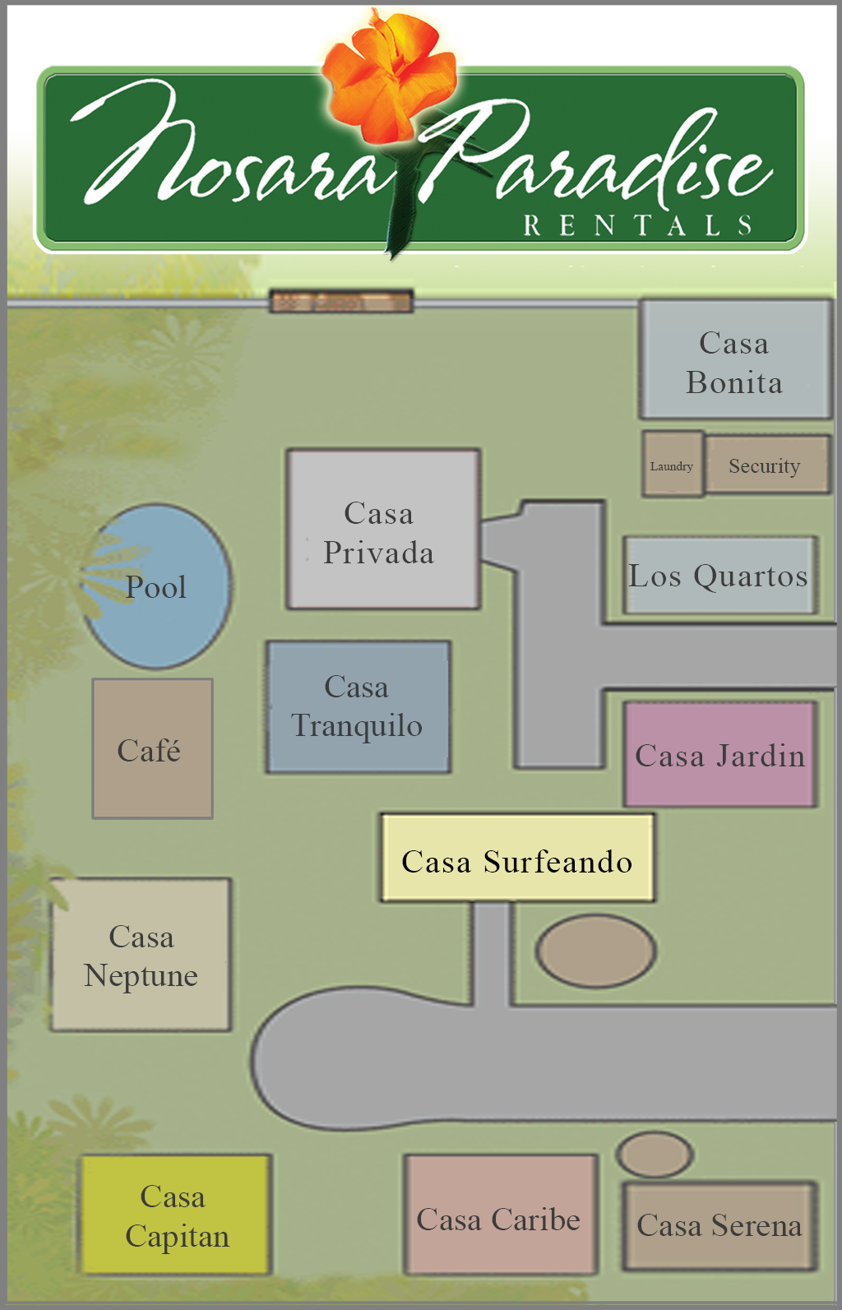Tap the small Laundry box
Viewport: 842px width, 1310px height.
click(x=672, y=465)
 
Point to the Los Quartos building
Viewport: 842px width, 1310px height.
click(x=719, y=576)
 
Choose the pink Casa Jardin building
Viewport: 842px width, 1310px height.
click(x=719, y=754)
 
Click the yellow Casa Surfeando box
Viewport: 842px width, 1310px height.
click(x=517, y=859)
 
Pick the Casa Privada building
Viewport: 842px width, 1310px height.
click(x=382, y=530)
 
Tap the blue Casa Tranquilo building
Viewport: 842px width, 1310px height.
click(x=358, y=706)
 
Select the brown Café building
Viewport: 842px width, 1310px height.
click(x=152, y=748)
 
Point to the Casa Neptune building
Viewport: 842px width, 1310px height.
click(x=141, y=955)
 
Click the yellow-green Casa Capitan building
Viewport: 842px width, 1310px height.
click(x=175, y=1215)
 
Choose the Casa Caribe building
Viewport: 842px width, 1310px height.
click(x=500, y=1215)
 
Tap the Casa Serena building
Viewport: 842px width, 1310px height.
click(x=719, y=1225)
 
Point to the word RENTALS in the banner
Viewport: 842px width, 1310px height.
click(x=637, y=225)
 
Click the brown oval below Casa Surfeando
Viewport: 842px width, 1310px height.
click(x=595, y=951)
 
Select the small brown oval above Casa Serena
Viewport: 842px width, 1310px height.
click(x=655, y=1154)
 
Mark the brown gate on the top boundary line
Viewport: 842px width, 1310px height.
click(x=341, y=301)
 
